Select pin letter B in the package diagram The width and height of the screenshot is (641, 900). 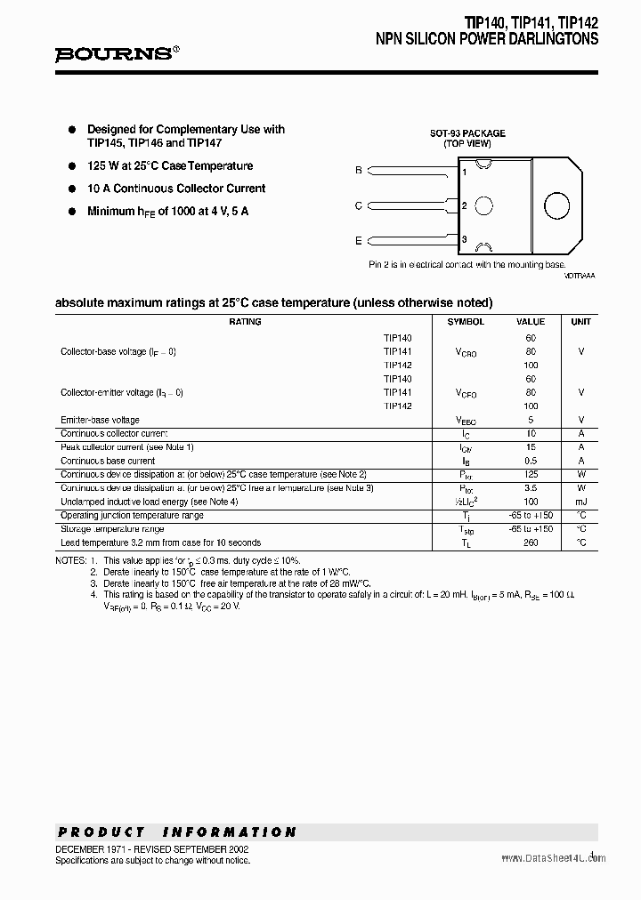click(x=358, y=170)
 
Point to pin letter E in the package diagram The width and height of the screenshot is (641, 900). click(x=358, y=240)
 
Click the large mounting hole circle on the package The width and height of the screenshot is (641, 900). click(x=557, y=205)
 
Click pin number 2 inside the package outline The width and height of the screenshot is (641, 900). click(x=464, y=205)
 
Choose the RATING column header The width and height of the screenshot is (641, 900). click(x=245, y=322)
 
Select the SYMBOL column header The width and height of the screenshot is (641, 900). click(x=466, y=322)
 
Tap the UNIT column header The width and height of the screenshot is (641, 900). click(x=580, y=322)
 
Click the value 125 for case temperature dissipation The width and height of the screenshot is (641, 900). click(x=531, y=475)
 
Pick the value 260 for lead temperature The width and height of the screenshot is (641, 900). click(x=531, y=542)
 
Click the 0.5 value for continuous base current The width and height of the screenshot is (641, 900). click(x=531, y=461)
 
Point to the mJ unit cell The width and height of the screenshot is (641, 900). click(x=580, y=502)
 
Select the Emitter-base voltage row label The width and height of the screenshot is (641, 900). click(x=100, y=420)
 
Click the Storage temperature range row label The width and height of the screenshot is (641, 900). click(x=112, y=529)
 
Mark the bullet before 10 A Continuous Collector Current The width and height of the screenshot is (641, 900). click(x=73, y=189)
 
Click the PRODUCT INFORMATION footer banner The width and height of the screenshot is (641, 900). click(x=176, y=832)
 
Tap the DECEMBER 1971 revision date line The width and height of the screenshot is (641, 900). click(x=152, y=849)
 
